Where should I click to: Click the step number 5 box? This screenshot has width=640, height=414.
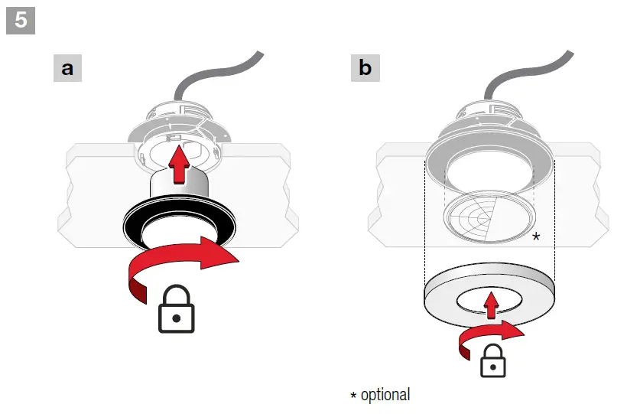pyautogui.click(x=21, y=19)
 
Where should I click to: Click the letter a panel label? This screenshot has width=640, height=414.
pyautogui.click(x=67, y=69)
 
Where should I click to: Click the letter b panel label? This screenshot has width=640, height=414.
pyautogui.click(x=365, y=69)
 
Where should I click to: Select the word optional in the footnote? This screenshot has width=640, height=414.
pyautogui.click(x=385, y=395)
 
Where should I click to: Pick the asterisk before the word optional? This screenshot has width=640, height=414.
pyautogui.click(x=353, y=396)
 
